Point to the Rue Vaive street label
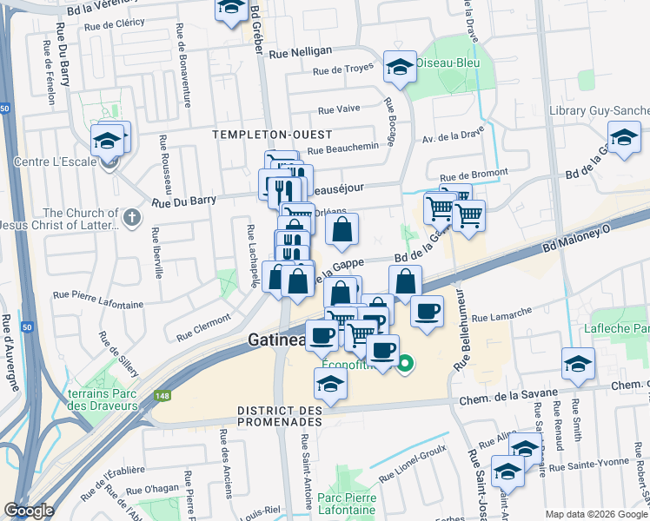[x=339, y=110]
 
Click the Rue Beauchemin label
[x=342, y=147]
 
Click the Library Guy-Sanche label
[x=600, y=111]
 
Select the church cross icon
[x=131, y=217]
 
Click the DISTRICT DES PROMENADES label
[x=280, y=415]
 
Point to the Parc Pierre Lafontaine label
[x=347, y=505]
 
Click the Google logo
[x=29, y=511]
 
